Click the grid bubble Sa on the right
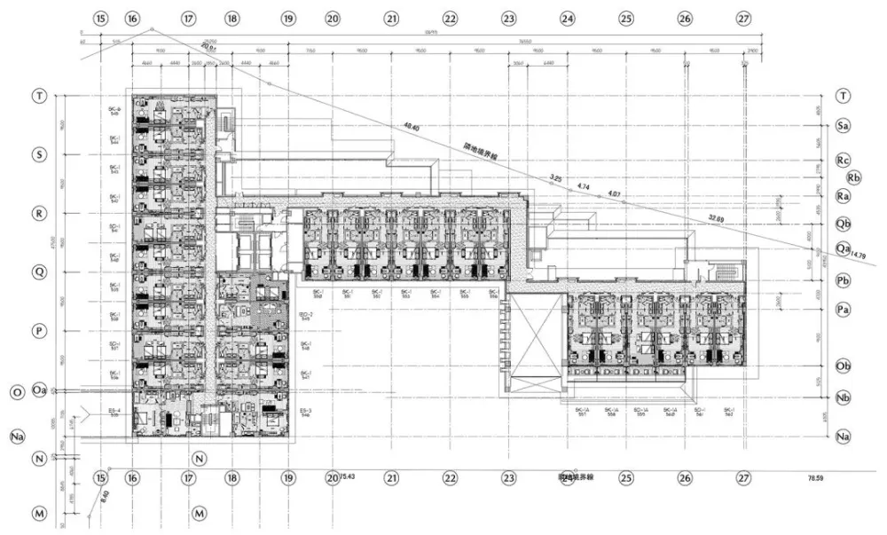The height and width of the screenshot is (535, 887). tap(843, 127)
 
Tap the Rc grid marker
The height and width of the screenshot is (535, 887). tap(843, 160)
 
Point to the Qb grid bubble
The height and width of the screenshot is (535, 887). tap(843, 223)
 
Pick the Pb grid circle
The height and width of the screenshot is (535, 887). tap(843, 279)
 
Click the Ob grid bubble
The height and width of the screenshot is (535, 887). tap(843, 366)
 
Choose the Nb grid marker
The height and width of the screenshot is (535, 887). tap(843, 398)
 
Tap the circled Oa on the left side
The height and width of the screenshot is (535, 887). tap(39, 390)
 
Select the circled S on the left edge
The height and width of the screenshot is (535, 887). tap(39, 153)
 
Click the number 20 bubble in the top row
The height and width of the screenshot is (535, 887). tap(332, 18)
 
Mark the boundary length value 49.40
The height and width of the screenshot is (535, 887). tap(410, 128)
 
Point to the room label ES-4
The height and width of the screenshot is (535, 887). tap(114, 411)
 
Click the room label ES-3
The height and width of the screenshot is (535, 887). tap(305, 411)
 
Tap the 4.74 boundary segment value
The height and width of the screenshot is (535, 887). tap(583, 186)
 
